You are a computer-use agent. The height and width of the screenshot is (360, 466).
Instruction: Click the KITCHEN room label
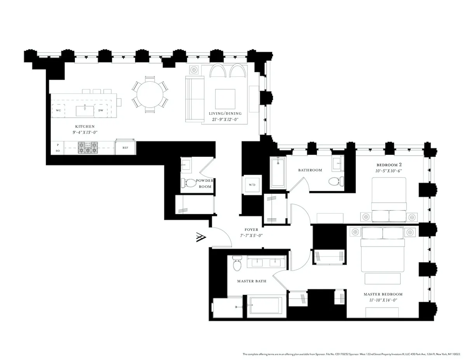coord(85,127)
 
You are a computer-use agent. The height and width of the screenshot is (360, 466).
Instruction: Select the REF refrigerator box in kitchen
coord(125,148)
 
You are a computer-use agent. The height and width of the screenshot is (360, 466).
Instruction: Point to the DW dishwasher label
coord(101,110)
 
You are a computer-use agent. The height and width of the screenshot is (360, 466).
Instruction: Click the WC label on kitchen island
coord(58,110)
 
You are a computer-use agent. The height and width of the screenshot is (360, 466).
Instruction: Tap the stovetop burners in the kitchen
coord(88,148)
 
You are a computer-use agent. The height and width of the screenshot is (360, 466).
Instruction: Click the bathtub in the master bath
coord(266,307)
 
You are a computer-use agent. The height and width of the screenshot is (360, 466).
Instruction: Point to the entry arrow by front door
coord(201,237)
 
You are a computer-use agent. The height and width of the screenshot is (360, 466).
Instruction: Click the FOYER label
coord(251,230)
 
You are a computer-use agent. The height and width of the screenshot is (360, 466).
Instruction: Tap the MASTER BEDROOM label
coord(383,294)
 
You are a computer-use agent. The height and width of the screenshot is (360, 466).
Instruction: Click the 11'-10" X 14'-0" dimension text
coord(383,300)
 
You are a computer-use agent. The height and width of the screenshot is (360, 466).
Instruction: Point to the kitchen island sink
coord(85,110)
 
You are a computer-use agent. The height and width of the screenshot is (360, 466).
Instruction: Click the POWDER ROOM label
coord(204,184)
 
